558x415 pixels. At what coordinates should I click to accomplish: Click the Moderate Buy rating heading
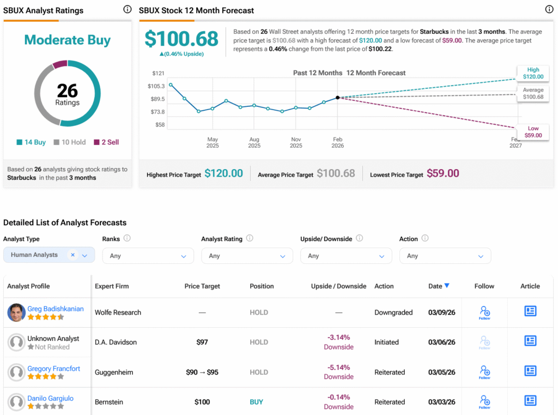coord(67,40)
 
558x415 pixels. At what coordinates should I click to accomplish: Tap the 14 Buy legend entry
coord(31,142)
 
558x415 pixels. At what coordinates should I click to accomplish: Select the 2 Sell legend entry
coord(106,142)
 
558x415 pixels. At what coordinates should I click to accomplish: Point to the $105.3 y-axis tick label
coord(156,86)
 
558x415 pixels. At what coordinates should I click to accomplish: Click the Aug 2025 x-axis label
coord(254,142)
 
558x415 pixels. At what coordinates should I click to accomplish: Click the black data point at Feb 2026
coord(338,98)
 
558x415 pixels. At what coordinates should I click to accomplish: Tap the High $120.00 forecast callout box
coord(533,73)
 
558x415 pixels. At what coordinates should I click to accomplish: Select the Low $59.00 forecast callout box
coord(533,132)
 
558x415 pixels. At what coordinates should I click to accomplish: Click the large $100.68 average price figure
coord(181,39)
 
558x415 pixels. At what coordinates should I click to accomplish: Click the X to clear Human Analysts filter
coord(72,255)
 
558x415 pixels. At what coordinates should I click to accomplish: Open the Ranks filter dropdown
coord(148,256)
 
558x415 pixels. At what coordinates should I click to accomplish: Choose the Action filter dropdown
coord(445,256)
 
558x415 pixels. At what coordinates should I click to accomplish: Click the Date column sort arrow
coord(447,286)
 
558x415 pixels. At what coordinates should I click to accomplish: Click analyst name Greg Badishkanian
coord(56,309)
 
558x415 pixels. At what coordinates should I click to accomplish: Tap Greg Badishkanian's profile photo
coord(16,312)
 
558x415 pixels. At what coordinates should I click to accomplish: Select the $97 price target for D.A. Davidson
coord(202,342)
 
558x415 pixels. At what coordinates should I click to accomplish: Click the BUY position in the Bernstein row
coord(256,402)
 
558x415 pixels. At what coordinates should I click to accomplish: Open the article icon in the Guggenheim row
coord(530,371)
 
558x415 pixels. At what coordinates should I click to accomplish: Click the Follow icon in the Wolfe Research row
coord(484,312)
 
